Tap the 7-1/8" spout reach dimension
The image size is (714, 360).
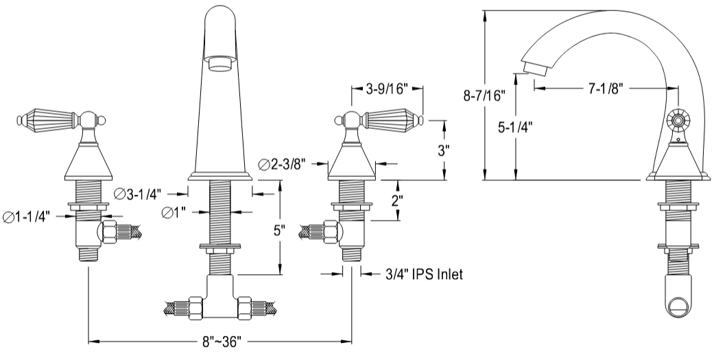(x=606, y=88)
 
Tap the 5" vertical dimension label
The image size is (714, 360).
(x=279, y=231)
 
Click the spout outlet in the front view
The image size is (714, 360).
(x=219, y=64)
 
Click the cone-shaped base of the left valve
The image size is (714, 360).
(x=88, y=163)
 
